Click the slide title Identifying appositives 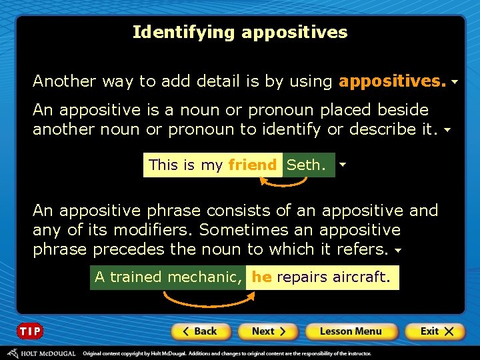coord(240,32)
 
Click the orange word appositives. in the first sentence coord(392,81)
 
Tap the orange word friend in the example coord(252,165)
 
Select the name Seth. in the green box coord(307,165)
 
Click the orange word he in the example coord(261,277)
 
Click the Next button coord(268,331)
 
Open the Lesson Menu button coord(351,331)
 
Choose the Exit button coord(437,331)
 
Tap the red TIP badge coord(30,331)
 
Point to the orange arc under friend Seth coord(281,183)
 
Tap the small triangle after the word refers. coord(397,251)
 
